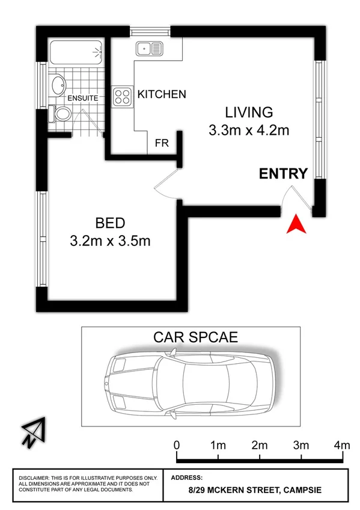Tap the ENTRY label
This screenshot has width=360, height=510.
coord(283,174)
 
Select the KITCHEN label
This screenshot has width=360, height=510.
coord(162,94)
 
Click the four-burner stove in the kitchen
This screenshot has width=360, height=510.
coord(123,96)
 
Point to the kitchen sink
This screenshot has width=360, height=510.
coord(147,48)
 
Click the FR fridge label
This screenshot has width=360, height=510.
coord(162,144)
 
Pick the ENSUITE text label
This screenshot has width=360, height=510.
coord(82,97)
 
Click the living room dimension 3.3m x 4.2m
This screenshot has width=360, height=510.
coord(249,130)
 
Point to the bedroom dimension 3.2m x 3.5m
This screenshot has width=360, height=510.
coord(110,242)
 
